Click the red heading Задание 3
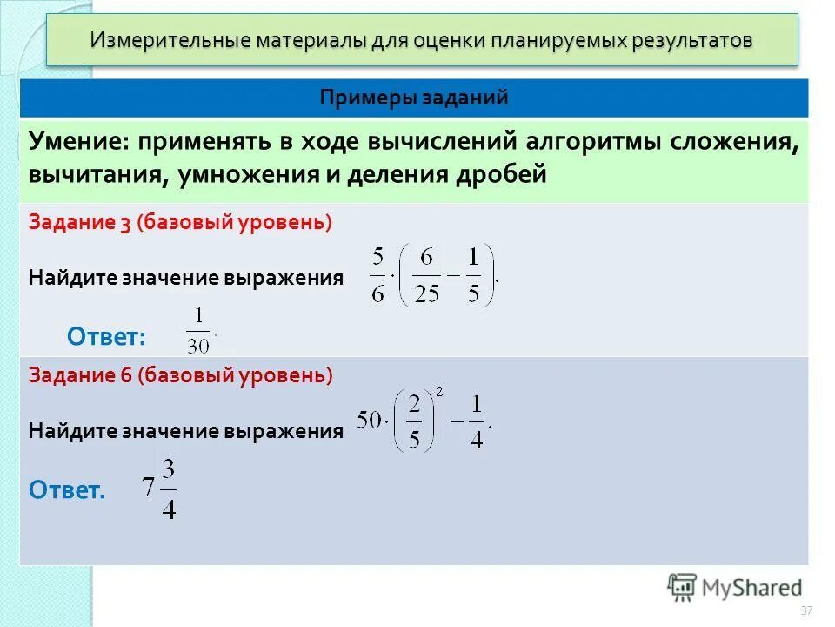pyautogui.click(x=79, y=222)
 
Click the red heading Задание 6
pyautogui.click(x=79, y=375)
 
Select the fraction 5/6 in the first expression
pyautogui.click(x=377, y=275)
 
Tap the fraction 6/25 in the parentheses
pyautogui.click(x=427, y=275)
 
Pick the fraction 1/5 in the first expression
pyautogui.click(x=473, y=275)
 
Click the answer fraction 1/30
pyautogui.click(x=198, y=331)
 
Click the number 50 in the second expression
pyautogui.click(x=371, y=421)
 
